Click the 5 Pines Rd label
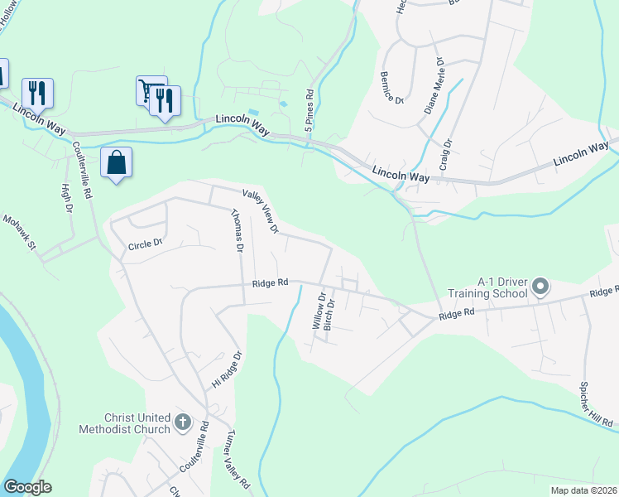pos(309,108)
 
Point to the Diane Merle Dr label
pos(434,85)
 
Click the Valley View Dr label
pos(261,210)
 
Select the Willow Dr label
pos(317,310)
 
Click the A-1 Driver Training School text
pos(487,287)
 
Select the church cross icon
pos(183,424)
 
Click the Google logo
pos(27,487)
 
